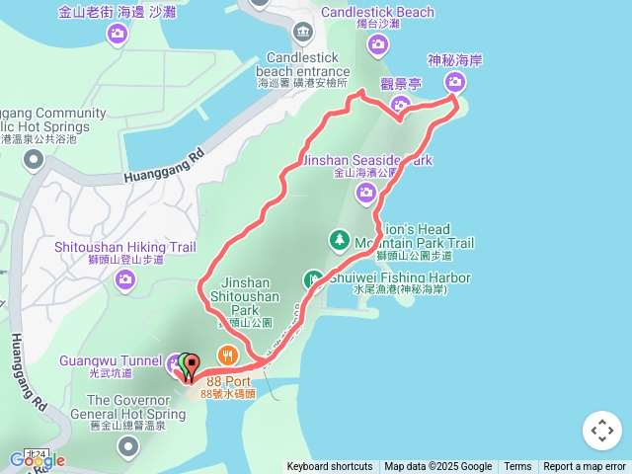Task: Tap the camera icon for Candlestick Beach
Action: coord(377,44)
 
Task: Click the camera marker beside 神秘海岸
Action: coord(455,82)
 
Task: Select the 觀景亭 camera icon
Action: coord(401,104)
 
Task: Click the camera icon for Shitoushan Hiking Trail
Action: coord(124,280)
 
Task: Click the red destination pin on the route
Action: coord(191,364)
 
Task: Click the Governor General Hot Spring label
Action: coord(123,407)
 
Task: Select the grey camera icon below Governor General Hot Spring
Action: coord(127,448)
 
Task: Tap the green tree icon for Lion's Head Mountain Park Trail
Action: coord(339,240)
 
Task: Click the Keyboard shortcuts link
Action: coord(329,467)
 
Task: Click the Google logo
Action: coord(37,460)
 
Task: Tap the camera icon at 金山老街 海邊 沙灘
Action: coord(118,36)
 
